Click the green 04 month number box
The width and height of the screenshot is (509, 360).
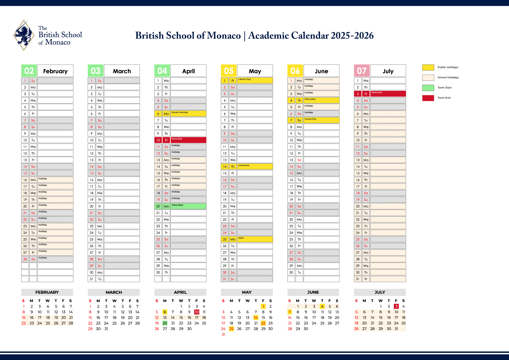[162, 71]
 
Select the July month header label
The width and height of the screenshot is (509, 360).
[388, 71]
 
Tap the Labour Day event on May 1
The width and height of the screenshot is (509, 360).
[245, 80]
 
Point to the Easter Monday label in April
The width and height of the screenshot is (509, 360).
[180, 113]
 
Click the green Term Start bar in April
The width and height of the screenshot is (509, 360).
[188, 206]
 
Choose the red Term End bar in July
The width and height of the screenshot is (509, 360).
[388, 93]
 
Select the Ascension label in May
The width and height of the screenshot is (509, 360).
[244, 166]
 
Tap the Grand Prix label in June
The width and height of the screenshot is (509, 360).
[311, 119]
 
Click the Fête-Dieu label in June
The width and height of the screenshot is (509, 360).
[310, 99]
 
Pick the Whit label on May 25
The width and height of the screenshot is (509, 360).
[241, 238]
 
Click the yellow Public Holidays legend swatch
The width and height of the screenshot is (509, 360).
[428, 67]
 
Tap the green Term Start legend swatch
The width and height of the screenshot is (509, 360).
[428, 88]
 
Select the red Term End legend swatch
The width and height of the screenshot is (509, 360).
[428, 98]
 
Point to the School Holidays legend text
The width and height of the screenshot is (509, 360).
[448, 77]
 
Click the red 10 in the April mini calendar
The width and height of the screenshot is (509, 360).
[197, 312]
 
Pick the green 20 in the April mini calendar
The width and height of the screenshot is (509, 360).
[165, 323]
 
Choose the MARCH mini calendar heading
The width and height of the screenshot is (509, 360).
[114, 292]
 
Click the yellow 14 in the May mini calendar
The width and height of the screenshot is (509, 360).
[256, 318]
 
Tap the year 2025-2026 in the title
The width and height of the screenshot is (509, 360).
[352, 36]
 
